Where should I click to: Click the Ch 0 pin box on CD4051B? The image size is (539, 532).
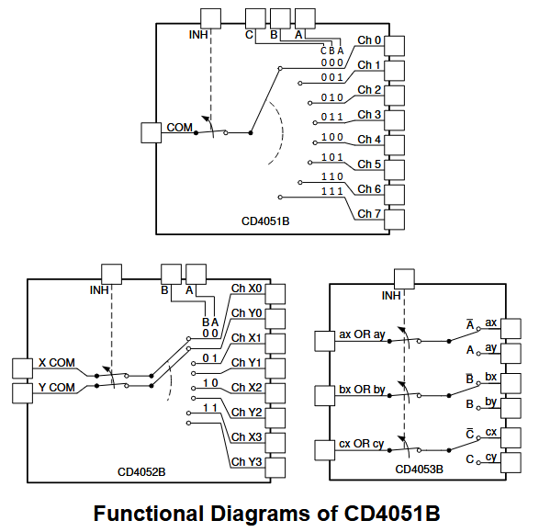[394, 46]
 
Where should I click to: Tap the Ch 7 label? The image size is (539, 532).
[369, 214]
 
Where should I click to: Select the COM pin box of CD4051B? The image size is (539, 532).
[152, 132]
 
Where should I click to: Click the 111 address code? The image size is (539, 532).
[332, 191]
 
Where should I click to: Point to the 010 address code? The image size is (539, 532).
[332, 97]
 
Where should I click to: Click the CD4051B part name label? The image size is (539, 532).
[265, 221]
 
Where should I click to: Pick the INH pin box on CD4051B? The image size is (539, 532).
[210, 19]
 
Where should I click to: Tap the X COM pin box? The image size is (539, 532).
[22, 368]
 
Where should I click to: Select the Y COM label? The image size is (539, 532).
[57, 388]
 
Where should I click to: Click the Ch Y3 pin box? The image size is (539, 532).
[275, 468]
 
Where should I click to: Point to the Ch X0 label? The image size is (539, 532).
[246, 289]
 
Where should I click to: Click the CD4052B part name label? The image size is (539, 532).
[141, 472]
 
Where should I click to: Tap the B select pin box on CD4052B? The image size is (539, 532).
[171, 274]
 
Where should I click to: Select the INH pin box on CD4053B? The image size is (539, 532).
[404, 279]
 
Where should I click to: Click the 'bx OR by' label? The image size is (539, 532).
[362, 390]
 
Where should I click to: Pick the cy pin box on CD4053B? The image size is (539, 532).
[511, 462]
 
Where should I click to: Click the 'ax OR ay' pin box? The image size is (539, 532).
[325, 341]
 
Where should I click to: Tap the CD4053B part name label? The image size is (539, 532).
[419, 470]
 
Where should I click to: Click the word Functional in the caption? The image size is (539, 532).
[150, 514]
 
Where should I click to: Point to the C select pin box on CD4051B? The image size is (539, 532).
[255, 19]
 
